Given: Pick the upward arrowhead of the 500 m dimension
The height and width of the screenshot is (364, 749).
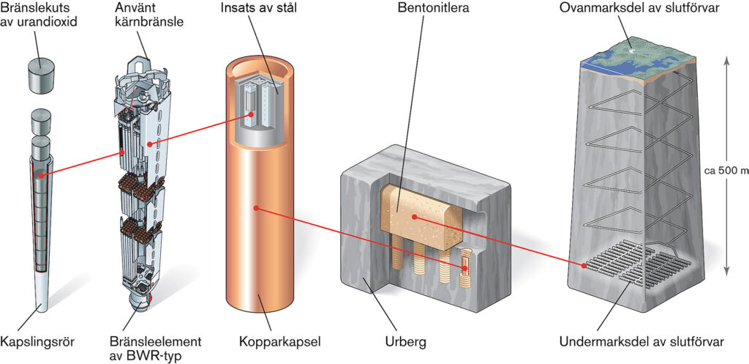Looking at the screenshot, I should pyautogui.click(x=726, y=62).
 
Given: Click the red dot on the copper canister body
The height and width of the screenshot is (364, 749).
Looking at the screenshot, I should pyautogui.click(x=256, y=208).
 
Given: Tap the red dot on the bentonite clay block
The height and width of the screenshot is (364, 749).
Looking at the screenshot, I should pyautogui.click(x=413, y=216).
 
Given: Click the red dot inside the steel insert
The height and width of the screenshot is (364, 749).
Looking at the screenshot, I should pyautogui.click(x=251, y=114).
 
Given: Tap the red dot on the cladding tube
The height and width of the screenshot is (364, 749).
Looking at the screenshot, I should pyautogui.click(x=42, y=175).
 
